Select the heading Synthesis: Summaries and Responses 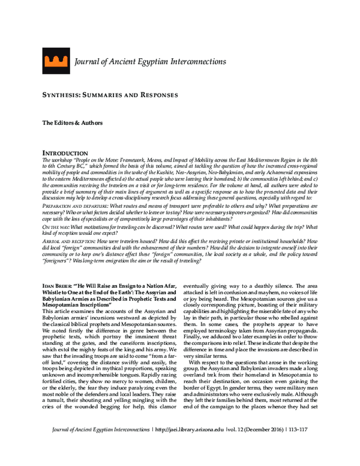(x=110, y=95)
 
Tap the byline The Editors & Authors (x=72, y=123)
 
